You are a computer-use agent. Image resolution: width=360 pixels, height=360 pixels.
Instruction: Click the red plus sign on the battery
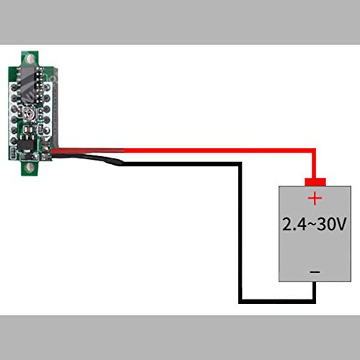click(315, 199)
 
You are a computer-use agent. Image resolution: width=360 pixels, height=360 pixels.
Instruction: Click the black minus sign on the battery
click(315, 272)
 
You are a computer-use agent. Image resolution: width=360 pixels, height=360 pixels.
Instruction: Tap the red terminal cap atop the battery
click(315, 181)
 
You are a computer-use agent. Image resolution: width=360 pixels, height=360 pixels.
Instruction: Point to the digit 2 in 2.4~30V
click(288, 224)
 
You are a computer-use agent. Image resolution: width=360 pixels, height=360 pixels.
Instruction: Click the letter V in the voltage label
click(340, 224)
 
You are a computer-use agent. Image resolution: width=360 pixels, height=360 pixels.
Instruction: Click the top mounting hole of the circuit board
click(30, 58)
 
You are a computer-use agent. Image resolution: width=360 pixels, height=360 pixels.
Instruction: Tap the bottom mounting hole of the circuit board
click(30, 167)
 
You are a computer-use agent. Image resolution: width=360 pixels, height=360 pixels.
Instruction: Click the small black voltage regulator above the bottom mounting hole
click(27, 143)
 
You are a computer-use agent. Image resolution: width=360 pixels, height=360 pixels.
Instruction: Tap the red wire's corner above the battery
click(314, 150)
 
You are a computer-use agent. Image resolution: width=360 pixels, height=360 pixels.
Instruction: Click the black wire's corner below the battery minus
click(314, 302)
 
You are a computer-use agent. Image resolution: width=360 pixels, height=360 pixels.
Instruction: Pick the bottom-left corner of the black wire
click(240, 302)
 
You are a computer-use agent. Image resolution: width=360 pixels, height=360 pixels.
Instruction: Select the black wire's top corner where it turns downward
click(240, 164)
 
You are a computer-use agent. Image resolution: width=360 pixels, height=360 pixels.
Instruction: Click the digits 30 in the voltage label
click(325, 224)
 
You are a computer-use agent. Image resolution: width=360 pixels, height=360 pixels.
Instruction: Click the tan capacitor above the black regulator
click(28, 130)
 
